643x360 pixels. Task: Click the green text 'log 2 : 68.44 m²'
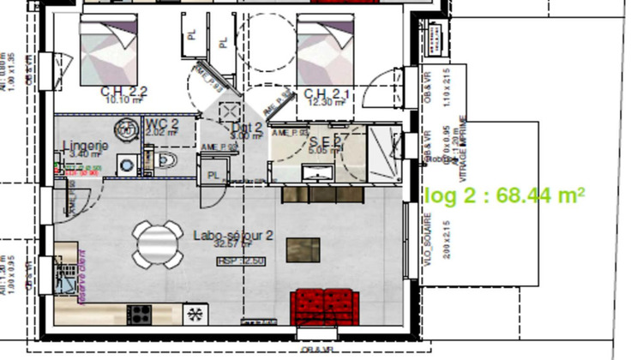click(505, 195)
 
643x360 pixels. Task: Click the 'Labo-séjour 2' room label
click(233, 235)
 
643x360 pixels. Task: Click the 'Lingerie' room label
click(86, 146)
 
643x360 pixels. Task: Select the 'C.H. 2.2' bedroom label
click(124, 92)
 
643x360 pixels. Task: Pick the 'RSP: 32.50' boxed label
click(241, 261)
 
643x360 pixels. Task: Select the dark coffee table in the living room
click(304, 249)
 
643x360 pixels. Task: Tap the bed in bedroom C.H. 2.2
click(109, 51)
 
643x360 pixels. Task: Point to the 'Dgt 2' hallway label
click(248, 128)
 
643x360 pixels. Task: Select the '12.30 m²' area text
click(326, 102)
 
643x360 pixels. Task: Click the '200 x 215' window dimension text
click(448, 239)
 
